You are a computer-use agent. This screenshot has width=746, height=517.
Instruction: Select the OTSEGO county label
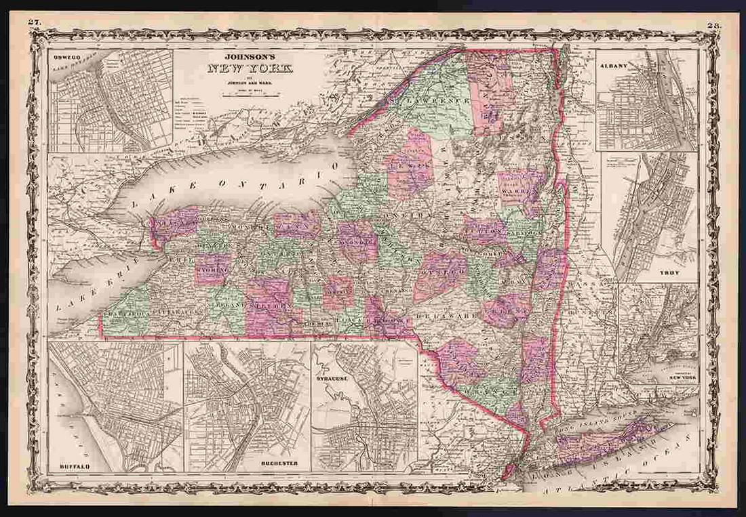pyautogui.click(x=446, y=270)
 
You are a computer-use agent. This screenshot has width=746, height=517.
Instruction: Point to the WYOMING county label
pyautogui.click(x=212, y=269)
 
